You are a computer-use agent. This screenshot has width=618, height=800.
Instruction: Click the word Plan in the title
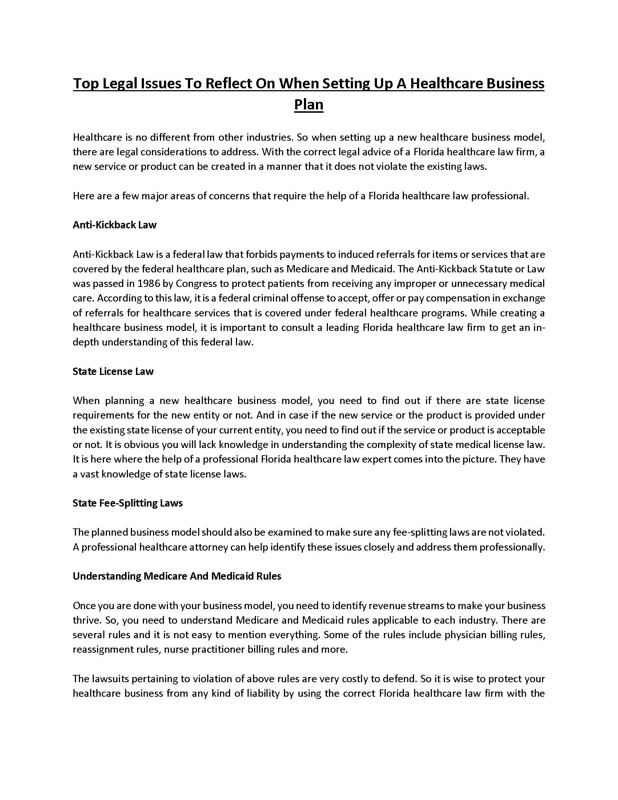click(309, 105)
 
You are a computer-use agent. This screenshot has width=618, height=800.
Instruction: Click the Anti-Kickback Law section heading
click(115, 225)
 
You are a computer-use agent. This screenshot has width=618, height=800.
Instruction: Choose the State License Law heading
click(113, 371)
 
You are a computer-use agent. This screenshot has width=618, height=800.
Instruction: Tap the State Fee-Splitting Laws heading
click(127, 503)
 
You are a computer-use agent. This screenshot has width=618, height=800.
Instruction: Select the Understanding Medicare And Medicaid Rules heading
click(177, 576)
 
